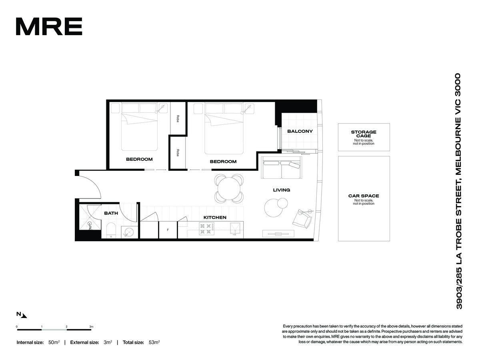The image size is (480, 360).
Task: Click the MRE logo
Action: [49, 26]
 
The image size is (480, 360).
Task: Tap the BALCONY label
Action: [300, 131]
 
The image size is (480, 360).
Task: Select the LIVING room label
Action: [282, 190]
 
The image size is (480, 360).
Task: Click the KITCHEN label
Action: [215, 217]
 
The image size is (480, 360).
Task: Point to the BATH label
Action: [111, 213]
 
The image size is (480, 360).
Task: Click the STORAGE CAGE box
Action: [364, 137]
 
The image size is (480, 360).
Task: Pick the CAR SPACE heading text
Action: [364, 196]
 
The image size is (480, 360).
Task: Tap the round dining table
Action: [229, 188]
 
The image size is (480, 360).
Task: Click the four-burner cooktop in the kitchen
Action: [206, 228]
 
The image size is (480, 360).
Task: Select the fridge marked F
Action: [168, 230]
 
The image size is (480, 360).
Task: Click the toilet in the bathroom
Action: [111, 230]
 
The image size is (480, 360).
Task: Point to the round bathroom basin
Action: [130, 231]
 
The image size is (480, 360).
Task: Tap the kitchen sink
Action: [235, 229]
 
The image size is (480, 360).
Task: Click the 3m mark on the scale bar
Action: [91, 326]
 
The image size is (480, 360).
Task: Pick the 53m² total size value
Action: [154, 342]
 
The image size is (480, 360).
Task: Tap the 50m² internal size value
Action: [54, 342]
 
